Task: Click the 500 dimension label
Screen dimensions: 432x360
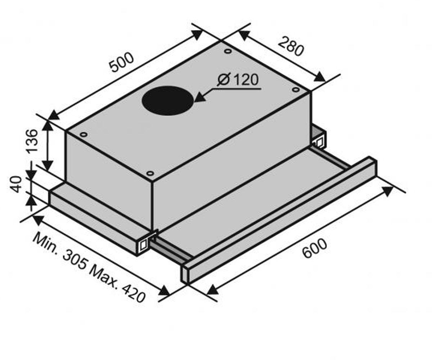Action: [121, 63]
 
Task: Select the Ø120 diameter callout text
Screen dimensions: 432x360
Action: [238, 80]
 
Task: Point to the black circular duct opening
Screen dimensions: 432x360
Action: [168, 101]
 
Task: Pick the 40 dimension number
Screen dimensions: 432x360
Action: [16, 184]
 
